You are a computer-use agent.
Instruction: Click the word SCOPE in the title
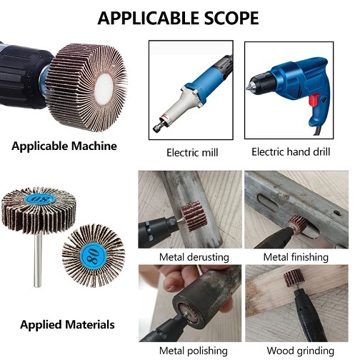click(231, 19)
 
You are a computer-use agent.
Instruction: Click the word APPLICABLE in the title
click(149, 19)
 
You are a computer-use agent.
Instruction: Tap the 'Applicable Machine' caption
click(64, 146)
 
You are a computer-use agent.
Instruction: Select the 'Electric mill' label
click(192, 153)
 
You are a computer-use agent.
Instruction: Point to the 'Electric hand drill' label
click(291, 152)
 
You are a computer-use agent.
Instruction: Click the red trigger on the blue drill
click(314, 99)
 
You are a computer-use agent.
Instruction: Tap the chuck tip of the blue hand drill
click(249, 86)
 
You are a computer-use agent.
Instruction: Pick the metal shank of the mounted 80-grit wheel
click(38, 260)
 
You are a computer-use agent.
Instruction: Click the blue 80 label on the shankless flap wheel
click(94, 256)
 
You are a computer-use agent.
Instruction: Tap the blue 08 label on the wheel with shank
click(40, 198)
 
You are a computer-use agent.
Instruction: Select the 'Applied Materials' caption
click(67, 325)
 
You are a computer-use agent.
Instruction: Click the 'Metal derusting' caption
click(194, 257)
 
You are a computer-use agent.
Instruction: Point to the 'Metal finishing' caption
click(296, 257)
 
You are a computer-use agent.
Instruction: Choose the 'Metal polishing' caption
click(194, 351)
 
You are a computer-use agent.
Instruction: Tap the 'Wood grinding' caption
click(300, 351)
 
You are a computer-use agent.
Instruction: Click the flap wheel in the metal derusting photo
click(194, 216)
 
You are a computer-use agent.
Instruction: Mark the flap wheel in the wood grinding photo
click(294, 278)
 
